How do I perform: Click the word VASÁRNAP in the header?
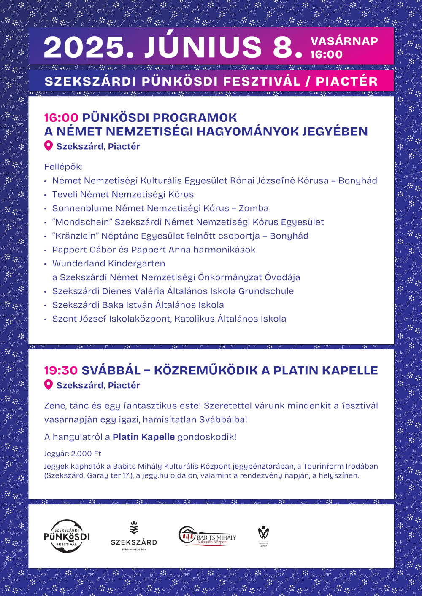pos(344,41)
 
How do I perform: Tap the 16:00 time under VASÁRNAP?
pos(326,54)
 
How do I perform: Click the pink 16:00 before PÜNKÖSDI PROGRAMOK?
pos(61,118)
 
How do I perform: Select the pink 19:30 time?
pos(61,370)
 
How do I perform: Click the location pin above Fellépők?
pos(49,146)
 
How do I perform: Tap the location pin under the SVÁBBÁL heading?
pos(49,385)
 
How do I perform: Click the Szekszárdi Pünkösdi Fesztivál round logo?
pos(67,536)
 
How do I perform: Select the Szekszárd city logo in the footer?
pos(134,536)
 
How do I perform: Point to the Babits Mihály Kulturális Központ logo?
pos(207,536)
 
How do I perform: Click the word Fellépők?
pos(64,167)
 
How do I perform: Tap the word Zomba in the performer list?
pos(254,208)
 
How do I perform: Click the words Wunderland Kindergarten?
pos(108,263)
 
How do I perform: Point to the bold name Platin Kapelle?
pos(143,437)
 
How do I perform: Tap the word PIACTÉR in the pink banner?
pos(346,81)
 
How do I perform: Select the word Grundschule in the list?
pos(266,291)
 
